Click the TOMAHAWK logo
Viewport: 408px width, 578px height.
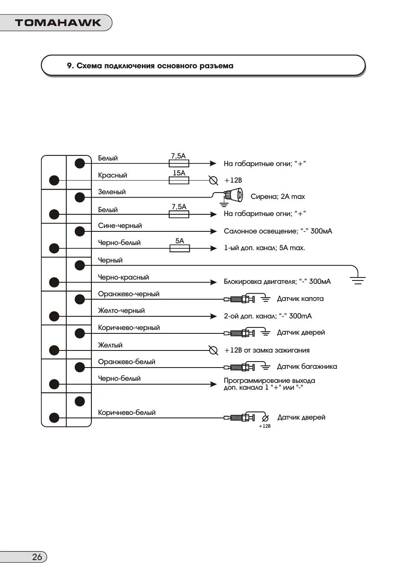58,23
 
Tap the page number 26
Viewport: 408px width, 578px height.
37,557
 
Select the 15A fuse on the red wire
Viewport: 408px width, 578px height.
179,181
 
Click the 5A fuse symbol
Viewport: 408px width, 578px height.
179,248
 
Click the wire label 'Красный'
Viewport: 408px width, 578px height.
112,175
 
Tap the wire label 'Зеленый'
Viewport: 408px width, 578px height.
112,192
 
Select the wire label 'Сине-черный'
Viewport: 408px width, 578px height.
120,226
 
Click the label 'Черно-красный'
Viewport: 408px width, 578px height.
123,277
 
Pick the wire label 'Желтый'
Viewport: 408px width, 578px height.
110,345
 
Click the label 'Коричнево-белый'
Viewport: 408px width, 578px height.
126,413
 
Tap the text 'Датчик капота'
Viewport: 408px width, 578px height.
300,299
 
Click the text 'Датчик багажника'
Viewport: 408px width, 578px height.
307,367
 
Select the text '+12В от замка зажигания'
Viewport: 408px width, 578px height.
267,350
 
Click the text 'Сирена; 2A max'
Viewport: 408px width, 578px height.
277,197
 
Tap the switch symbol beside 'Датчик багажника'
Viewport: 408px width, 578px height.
241,367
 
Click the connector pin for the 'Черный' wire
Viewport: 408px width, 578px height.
80,266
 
